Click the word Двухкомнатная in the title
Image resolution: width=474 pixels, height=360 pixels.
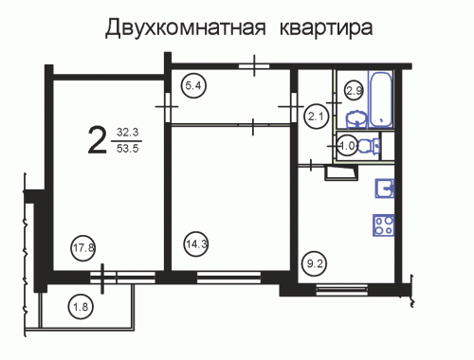[185, 27]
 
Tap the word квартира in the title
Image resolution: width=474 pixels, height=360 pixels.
[326, 28]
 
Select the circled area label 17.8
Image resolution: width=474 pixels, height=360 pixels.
[83, 248]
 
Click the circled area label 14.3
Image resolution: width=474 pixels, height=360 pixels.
[196, 244]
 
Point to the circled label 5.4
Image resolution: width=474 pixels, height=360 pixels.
[193, 85]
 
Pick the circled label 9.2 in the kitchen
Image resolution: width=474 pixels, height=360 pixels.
[315, 263]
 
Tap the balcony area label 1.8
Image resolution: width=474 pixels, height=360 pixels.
[81, 307]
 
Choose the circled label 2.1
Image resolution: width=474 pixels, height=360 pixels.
[316, 117]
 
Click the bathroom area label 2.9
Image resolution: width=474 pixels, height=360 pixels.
[354, 91]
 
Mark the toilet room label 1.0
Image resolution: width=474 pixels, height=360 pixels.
[347, 146]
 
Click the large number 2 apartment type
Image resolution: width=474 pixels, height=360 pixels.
[97, 139]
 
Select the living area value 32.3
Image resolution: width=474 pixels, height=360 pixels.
[128, 132]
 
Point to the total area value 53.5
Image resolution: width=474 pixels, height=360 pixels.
[128, 148]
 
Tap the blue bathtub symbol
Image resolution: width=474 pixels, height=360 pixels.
[380, 99]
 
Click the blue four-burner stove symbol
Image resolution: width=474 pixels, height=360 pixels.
[384, 225]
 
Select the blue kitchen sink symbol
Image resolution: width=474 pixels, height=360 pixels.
[385, 189]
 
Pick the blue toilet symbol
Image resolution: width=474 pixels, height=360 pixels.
[368, 146]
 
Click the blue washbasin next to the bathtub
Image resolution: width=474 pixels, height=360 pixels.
[356, 119]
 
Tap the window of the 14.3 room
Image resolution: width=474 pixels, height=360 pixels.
[228, 278]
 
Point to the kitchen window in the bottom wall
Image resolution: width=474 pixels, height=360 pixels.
[342, 290]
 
